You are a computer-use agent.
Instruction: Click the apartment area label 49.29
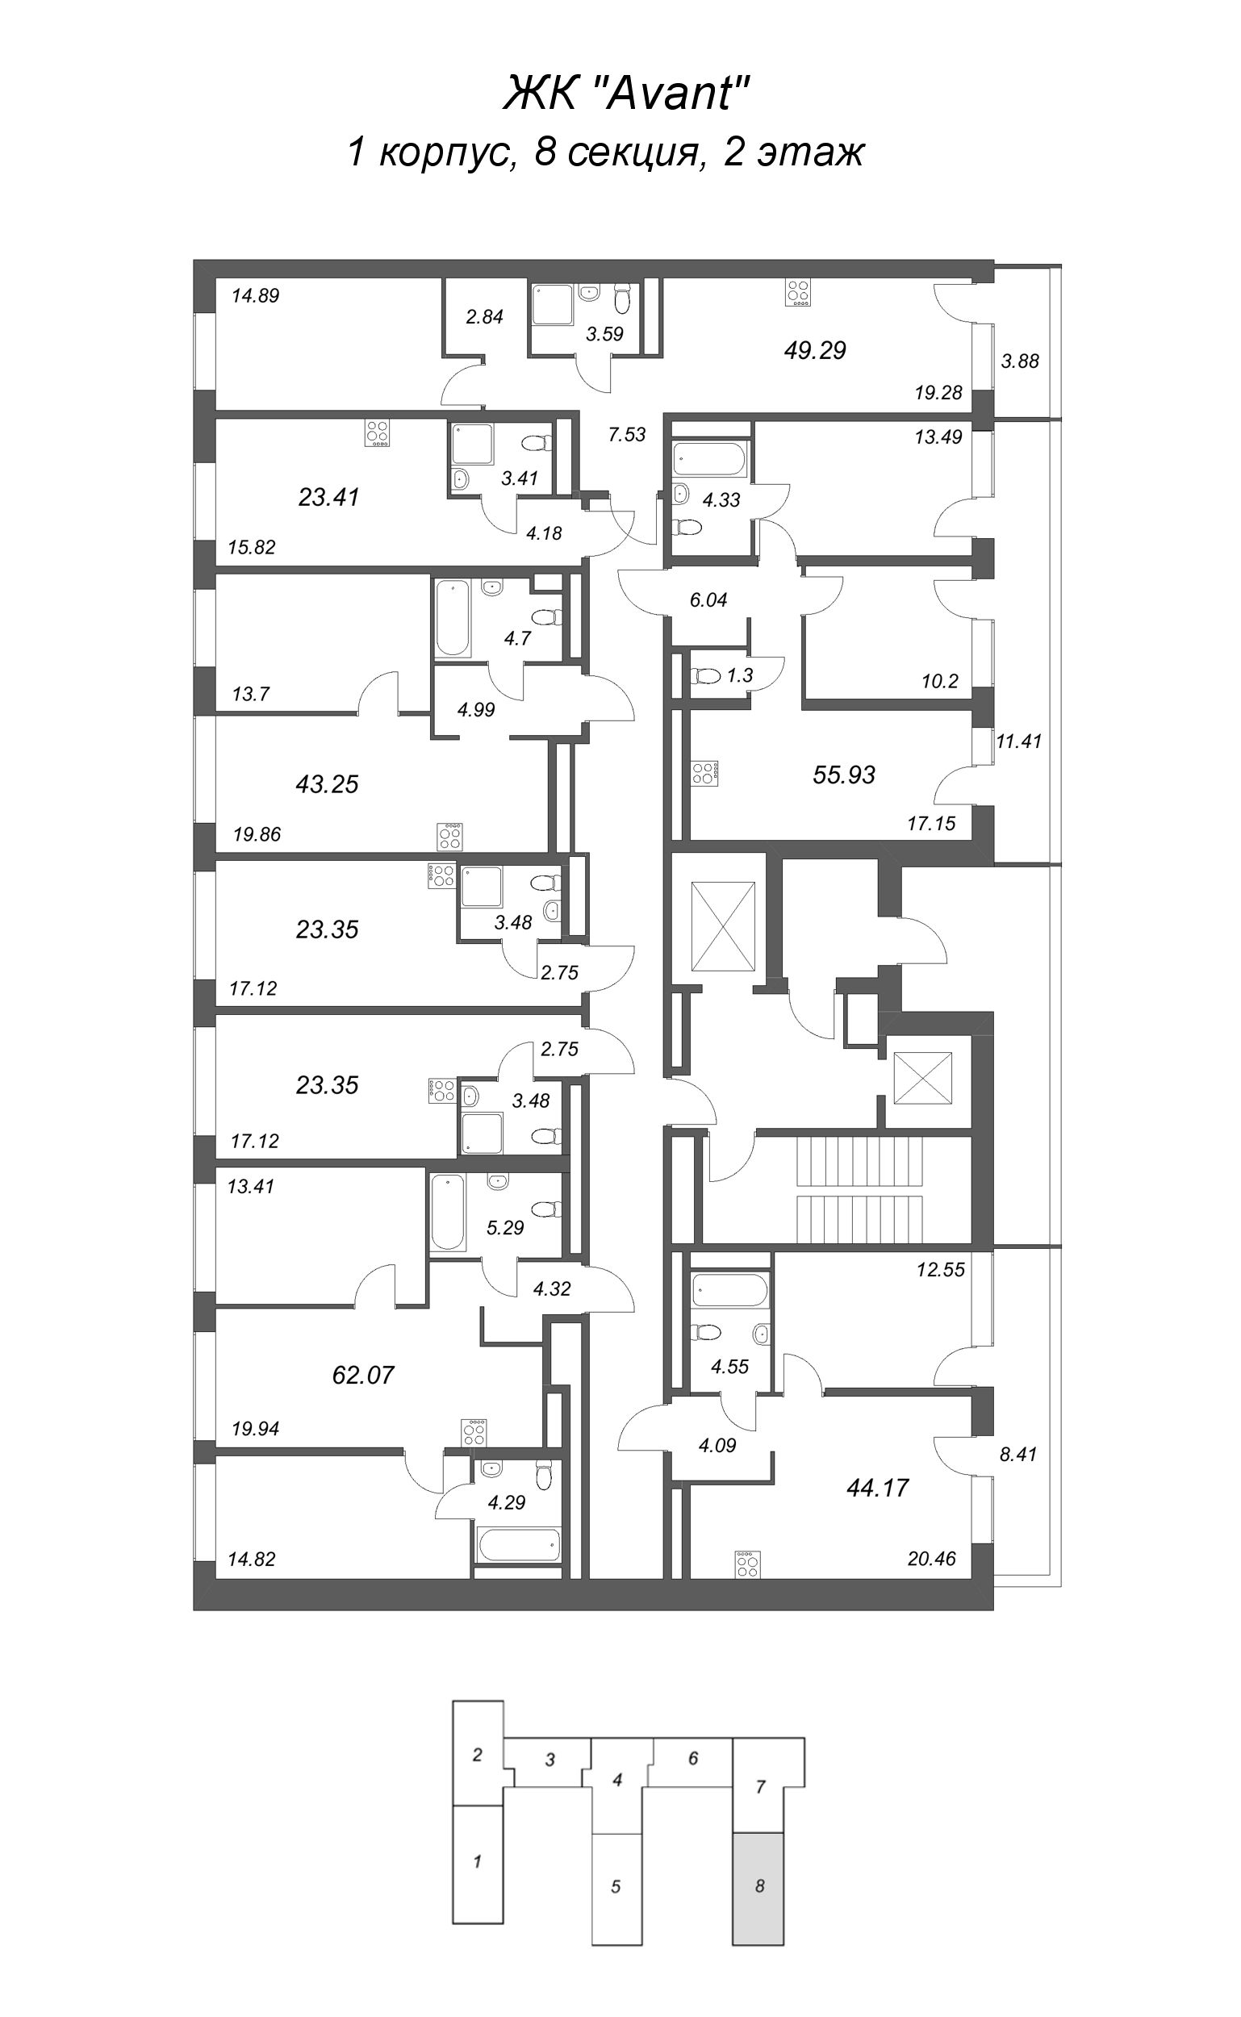(x=814, y=350)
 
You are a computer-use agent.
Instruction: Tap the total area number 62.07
(x=363, y=1375)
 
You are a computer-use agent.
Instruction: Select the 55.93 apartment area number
(x=844, y=774)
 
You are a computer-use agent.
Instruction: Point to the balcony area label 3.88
(x=1020, y=361)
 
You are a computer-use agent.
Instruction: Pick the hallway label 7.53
(x=627, y=435)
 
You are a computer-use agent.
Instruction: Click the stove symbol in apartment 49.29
(x=798, y=293)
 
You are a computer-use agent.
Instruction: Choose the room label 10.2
(x=940, y=680)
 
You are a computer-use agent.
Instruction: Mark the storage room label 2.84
(x=484, y=317)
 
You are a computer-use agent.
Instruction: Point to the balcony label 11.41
(x=1018, y=741)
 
